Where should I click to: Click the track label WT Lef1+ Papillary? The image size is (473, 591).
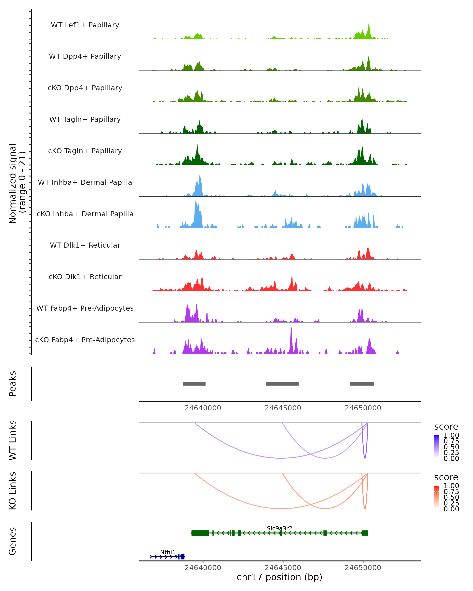tap(85, 25)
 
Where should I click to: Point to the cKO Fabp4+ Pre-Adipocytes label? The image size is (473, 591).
tap(85, 340)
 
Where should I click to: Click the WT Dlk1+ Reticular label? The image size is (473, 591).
tap(85, 245)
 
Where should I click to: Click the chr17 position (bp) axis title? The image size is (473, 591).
tap(279, 577)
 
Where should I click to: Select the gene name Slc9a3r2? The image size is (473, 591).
tap(279, 528)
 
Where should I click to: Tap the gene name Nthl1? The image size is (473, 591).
tap(168, 552)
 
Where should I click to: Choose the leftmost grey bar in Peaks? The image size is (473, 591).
tap(194, 384)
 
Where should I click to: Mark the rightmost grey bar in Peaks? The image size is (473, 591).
tap(362, 384)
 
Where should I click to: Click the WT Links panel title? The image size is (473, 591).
tap(13, 440)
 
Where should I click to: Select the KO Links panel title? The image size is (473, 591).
tap(13, 491)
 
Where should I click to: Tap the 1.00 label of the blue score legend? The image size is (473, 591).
tap(451, 435)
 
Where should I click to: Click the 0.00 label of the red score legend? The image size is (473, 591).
tap(451, 509)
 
